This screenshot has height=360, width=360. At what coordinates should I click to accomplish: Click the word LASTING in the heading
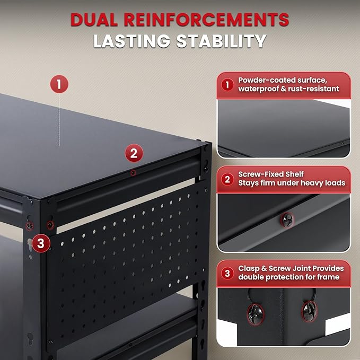click(130, 42)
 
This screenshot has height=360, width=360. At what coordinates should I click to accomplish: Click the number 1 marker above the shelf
click(59, 84)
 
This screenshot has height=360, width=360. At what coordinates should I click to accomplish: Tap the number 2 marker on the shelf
click(134, 154)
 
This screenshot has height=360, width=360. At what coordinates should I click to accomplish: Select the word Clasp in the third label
click(249, 268)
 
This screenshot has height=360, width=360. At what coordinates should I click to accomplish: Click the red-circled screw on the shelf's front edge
click(134, 172)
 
